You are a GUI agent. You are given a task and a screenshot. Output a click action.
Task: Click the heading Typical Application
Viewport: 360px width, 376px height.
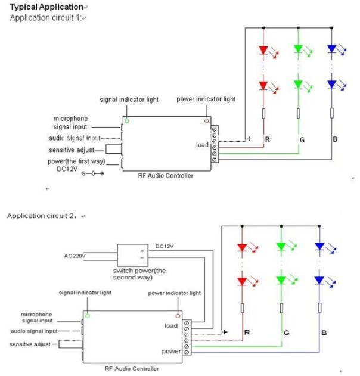pos(46,7)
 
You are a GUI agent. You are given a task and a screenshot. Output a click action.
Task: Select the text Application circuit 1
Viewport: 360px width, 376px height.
pos(45,18)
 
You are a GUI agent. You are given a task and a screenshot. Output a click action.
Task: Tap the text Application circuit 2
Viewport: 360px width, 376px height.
pos(42,215)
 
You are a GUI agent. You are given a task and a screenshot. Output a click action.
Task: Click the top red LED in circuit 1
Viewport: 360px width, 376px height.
pos(264,51)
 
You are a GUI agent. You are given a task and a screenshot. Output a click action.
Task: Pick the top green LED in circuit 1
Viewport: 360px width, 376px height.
pos(298,51)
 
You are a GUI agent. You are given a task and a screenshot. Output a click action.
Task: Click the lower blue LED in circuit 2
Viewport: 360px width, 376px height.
pos(319,279)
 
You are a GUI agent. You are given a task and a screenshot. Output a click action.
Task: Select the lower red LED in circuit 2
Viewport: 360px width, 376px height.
pos(242,279)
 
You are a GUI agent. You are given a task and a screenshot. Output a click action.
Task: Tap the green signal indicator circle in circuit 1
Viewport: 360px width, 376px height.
pos(126,120)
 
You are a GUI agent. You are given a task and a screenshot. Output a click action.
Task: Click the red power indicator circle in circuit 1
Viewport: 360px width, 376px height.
pos(206,120)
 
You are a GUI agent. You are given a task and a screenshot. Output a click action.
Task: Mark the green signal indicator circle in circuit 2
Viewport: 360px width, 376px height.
pos(88,315)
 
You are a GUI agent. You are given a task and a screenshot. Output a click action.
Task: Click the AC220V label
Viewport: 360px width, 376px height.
pos(75,256)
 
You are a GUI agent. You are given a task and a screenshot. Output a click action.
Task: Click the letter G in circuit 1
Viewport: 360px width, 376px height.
pos(303,139)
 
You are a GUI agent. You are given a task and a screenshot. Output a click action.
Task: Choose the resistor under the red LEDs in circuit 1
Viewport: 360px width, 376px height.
pos(264,114)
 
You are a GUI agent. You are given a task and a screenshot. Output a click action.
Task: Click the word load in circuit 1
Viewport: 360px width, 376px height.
pos(203,144)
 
